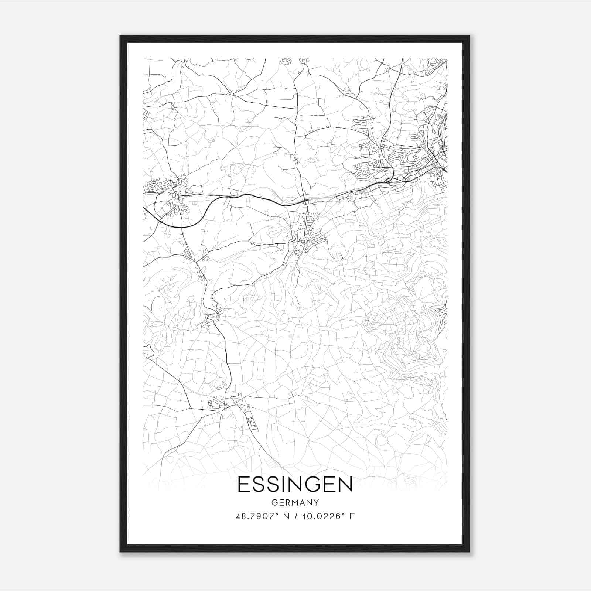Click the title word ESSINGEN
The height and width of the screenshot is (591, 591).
[x=295, y=485]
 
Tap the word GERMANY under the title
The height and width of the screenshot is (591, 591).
[x=295, y=502]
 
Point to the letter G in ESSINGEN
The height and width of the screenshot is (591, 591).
[x=315, y=485]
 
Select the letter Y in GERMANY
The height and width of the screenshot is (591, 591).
[x=316, y=502]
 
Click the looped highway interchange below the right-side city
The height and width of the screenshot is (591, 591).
[x=395, y=180]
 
